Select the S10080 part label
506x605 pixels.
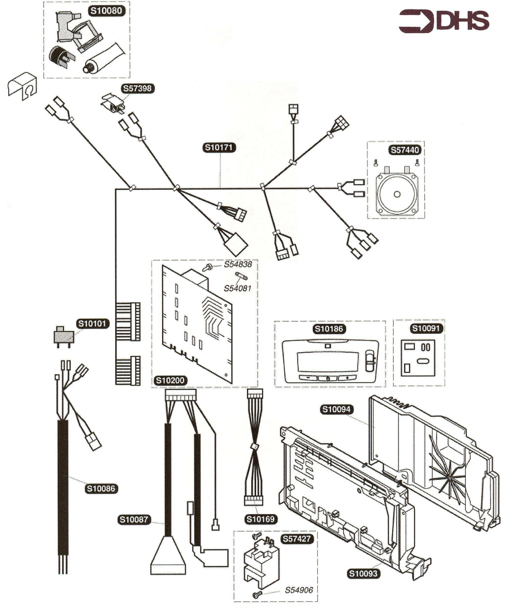[106, 11]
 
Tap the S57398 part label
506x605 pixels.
[137, 88]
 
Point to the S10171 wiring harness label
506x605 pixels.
[219, 148]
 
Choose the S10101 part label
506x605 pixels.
[93, 324]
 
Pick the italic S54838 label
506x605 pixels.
[238, 264]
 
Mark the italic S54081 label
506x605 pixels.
[238, 288]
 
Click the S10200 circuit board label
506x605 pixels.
[170, 381]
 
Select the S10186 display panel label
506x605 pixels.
[329, 329]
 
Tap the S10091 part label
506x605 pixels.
[426, 328]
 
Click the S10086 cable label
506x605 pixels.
[101, 489]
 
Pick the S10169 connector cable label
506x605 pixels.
[261, 519]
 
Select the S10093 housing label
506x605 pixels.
[363, 574]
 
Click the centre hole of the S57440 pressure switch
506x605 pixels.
[397, 194]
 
